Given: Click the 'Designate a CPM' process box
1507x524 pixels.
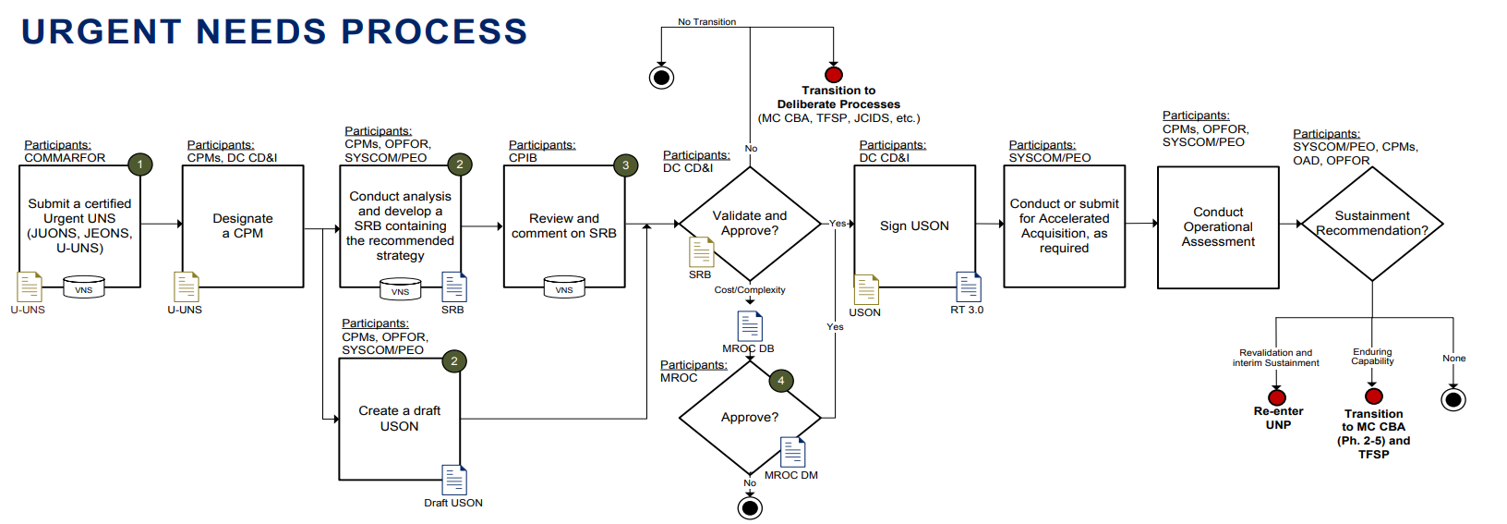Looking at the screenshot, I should click(243, 226).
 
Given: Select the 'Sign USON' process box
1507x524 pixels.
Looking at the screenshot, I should click(914, 226).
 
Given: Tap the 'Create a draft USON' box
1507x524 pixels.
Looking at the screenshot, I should click(399, 419).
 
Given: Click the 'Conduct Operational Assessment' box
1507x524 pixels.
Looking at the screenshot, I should click(1218, 227).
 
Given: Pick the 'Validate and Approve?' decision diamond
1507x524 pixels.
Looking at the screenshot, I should click(750, 224).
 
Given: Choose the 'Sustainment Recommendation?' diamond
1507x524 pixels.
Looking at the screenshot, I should click(1371, 224).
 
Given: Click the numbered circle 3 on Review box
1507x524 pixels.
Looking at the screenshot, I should click(625, 165).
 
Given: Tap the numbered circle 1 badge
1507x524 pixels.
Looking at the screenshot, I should click(139, 165).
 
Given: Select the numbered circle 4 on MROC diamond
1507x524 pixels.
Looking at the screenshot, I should click(780, 381).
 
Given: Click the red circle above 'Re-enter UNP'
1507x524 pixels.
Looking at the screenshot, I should click(1277, 397).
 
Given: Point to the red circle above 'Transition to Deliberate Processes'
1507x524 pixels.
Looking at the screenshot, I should click(834, 75).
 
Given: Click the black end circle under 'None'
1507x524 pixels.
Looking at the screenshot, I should click(1453, 399).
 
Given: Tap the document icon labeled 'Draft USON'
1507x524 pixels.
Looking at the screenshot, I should click(453, 481).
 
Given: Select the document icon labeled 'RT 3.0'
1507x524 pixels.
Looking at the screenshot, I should click(968, 287).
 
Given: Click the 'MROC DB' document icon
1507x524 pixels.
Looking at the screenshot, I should click(750, 326).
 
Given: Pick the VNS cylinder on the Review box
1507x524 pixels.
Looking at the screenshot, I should click(564, 287).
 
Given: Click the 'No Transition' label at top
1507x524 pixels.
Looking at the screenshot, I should click(706, 22).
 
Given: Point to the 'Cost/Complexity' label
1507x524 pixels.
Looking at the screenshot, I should click(750, 290).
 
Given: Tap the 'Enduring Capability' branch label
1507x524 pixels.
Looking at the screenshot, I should click(1372, 357).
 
